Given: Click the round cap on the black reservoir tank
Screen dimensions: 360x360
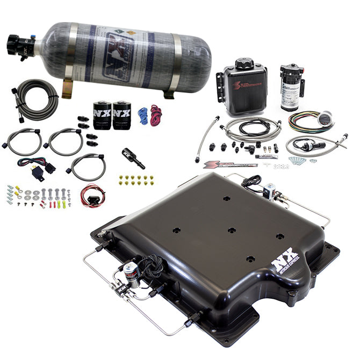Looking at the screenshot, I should (x=244, y=64).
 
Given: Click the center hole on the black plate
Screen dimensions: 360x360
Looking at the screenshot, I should (x=231, y=230).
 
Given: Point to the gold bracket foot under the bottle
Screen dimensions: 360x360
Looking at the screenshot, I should (x=67, y=90).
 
